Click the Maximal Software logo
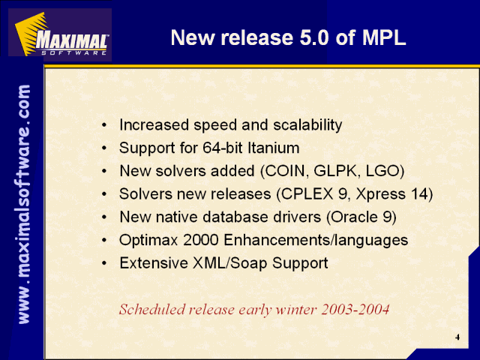[60, 34]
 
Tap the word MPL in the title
[384, 38]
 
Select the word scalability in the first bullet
[307, 125]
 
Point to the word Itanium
[273, 148]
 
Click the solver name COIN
[285, 171]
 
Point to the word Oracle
[355, 217]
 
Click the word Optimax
[148, 240]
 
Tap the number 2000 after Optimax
[201, 240]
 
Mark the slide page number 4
[457, 337]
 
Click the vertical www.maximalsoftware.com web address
[24, 204]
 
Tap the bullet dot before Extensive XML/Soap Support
[105, 263]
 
